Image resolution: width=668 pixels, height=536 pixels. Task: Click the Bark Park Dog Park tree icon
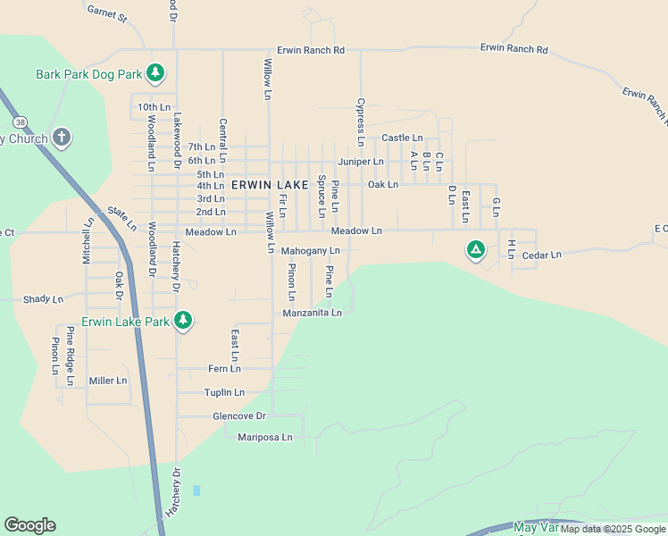click(x=155, y=72)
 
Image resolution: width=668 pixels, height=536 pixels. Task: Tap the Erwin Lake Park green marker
click(x=183, y=320)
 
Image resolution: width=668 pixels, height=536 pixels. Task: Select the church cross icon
click(x=61, y=138)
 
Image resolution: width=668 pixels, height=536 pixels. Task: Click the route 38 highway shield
click(x=19, y=121)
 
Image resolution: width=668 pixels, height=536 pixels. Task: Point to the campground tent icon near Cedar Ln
click(x=476, y=249)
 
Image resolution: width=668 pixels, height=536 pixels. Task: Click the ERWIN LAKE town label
click(x=269, y=184)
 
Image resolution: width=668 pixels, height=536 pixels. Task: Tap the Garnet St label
click(x=107, y=13)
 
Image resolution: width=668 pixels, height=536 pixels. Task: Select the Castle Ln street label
click(x=402, y=138)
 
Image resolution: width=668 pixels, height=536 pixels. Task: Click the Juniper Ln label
click(x=360, y=162)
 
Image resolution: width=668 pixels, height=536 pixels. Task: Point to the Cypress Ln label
click(x=361, y=121)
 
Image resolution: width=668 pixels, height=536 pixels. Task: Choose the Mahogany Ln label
click(x=310, y=251)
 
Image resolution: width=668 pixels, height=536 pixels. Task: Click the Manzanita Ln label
click(x=313, y=313)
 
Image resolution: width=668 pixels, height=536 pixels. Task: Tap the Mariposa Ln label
click(x=265, y=437)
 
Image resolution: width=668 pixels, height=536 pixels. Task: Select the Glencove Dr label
click(x=239, y=416)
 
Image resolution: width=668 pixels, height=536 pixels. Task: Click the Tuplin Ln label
click(x=224, y=392)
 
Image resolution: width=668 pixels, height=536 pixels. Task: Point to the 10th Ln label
click(x=154, y=107)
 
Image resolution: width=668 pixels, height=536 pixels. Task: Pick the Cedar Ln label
click(x=541, y=255)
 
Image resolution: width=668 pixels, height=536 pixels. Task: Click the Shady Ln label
click(x=43, y=299)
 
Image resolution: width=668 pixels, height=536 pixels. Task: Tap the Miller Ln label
click(x=108, y=381)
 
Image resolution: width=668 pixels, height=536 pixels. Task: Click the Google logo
click(x=29, y=525)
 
